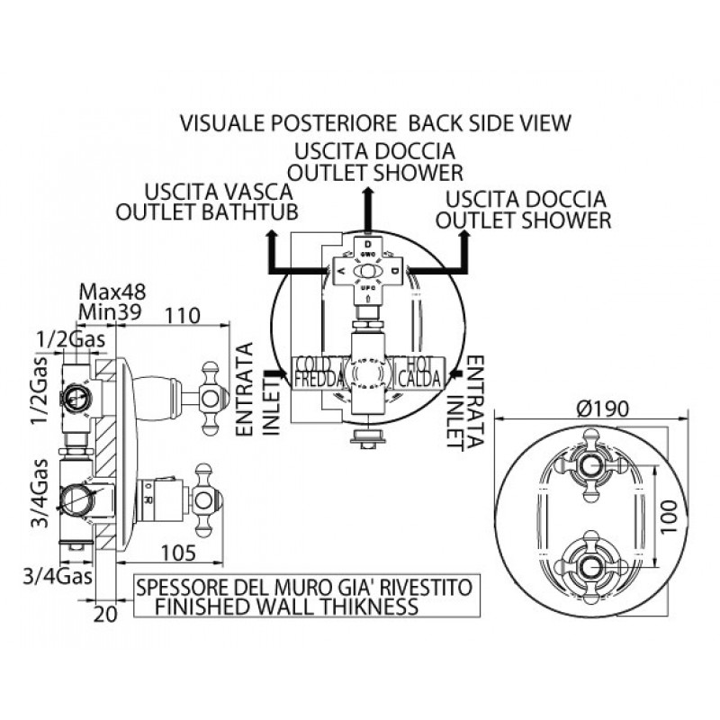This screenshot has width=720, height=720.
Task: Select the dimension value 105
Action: click(180, 552)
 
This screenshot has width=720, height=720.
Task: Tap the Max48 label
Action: click(112, 292)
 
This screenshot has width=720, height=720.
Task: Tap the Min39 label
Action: click(112, 311)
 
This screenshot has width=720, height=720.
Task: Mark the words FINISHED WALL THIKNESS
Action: click(287, 607)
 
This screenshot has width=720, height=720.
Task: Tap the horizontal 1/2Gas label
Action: click(71, 340)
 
